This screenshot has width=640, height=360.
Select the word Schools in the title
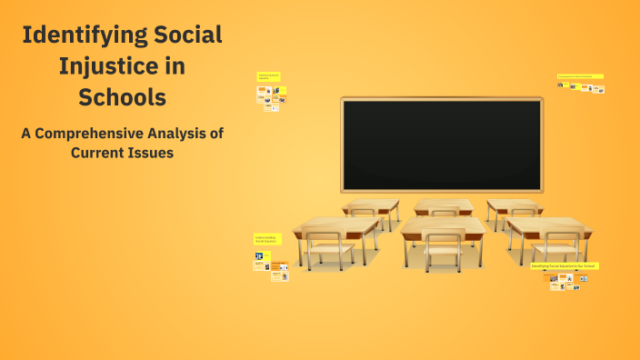coord(123,96)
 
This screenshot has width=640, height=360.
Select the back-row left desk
coord(371,205)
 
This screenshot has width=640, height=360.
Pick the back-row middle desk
coord(443,205)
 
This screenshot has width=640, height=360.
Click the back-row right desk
coord(514,205)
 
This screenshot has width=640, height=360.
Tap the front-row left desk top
coord(336,225)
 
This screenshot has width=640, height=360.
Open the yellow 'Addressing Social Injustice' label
coord(268,77)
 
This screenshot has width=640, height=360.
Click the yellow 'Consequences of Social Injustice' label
coord(580,76)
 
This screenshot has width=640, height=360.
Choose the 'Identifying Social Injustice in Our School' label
coord(564,265)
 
